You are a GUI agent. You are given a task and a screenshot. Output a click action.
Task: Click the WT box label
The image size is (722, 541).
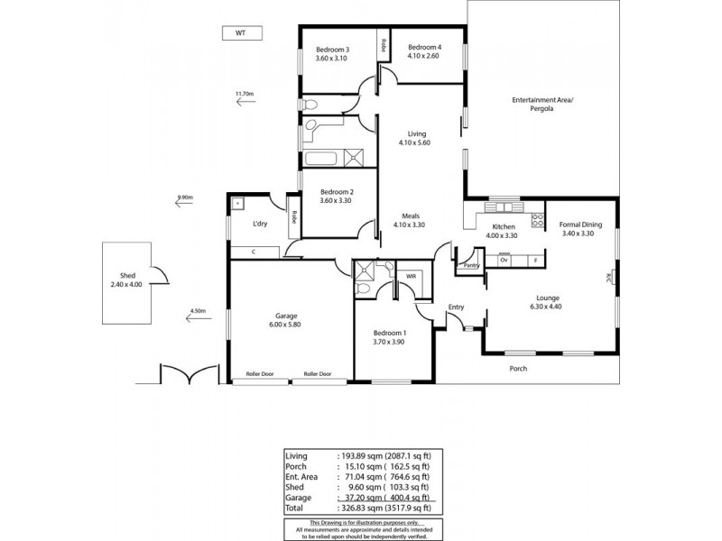point(241,33)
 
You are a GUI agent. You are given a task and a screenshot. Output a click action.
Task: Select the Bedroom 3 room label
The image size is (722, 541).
point(332,49)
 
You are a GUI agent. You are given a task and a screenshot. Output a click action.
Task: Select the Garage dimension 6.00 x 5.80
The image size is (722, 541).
point(288,326)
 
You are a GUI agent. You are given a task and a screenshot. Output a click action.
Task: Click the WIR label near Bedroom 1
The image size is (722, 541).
point(411,276)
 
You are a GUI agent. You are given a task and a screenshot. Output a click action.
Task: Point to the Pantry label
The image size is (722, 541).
point(470,266)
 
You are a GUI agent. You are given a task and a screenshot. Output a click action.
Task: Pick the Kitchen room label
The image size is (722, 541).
point(503,226)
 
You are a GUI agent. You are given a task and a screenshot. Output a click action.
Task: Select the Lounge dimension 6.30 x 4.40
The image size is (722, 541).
point(547,307)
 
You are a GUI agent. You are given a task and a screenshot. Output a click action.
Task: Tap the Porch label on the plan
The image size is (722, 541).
point(517,368)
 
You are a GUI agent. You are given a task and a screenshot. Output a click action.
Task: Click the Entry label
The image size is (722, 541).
point(456,307)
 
